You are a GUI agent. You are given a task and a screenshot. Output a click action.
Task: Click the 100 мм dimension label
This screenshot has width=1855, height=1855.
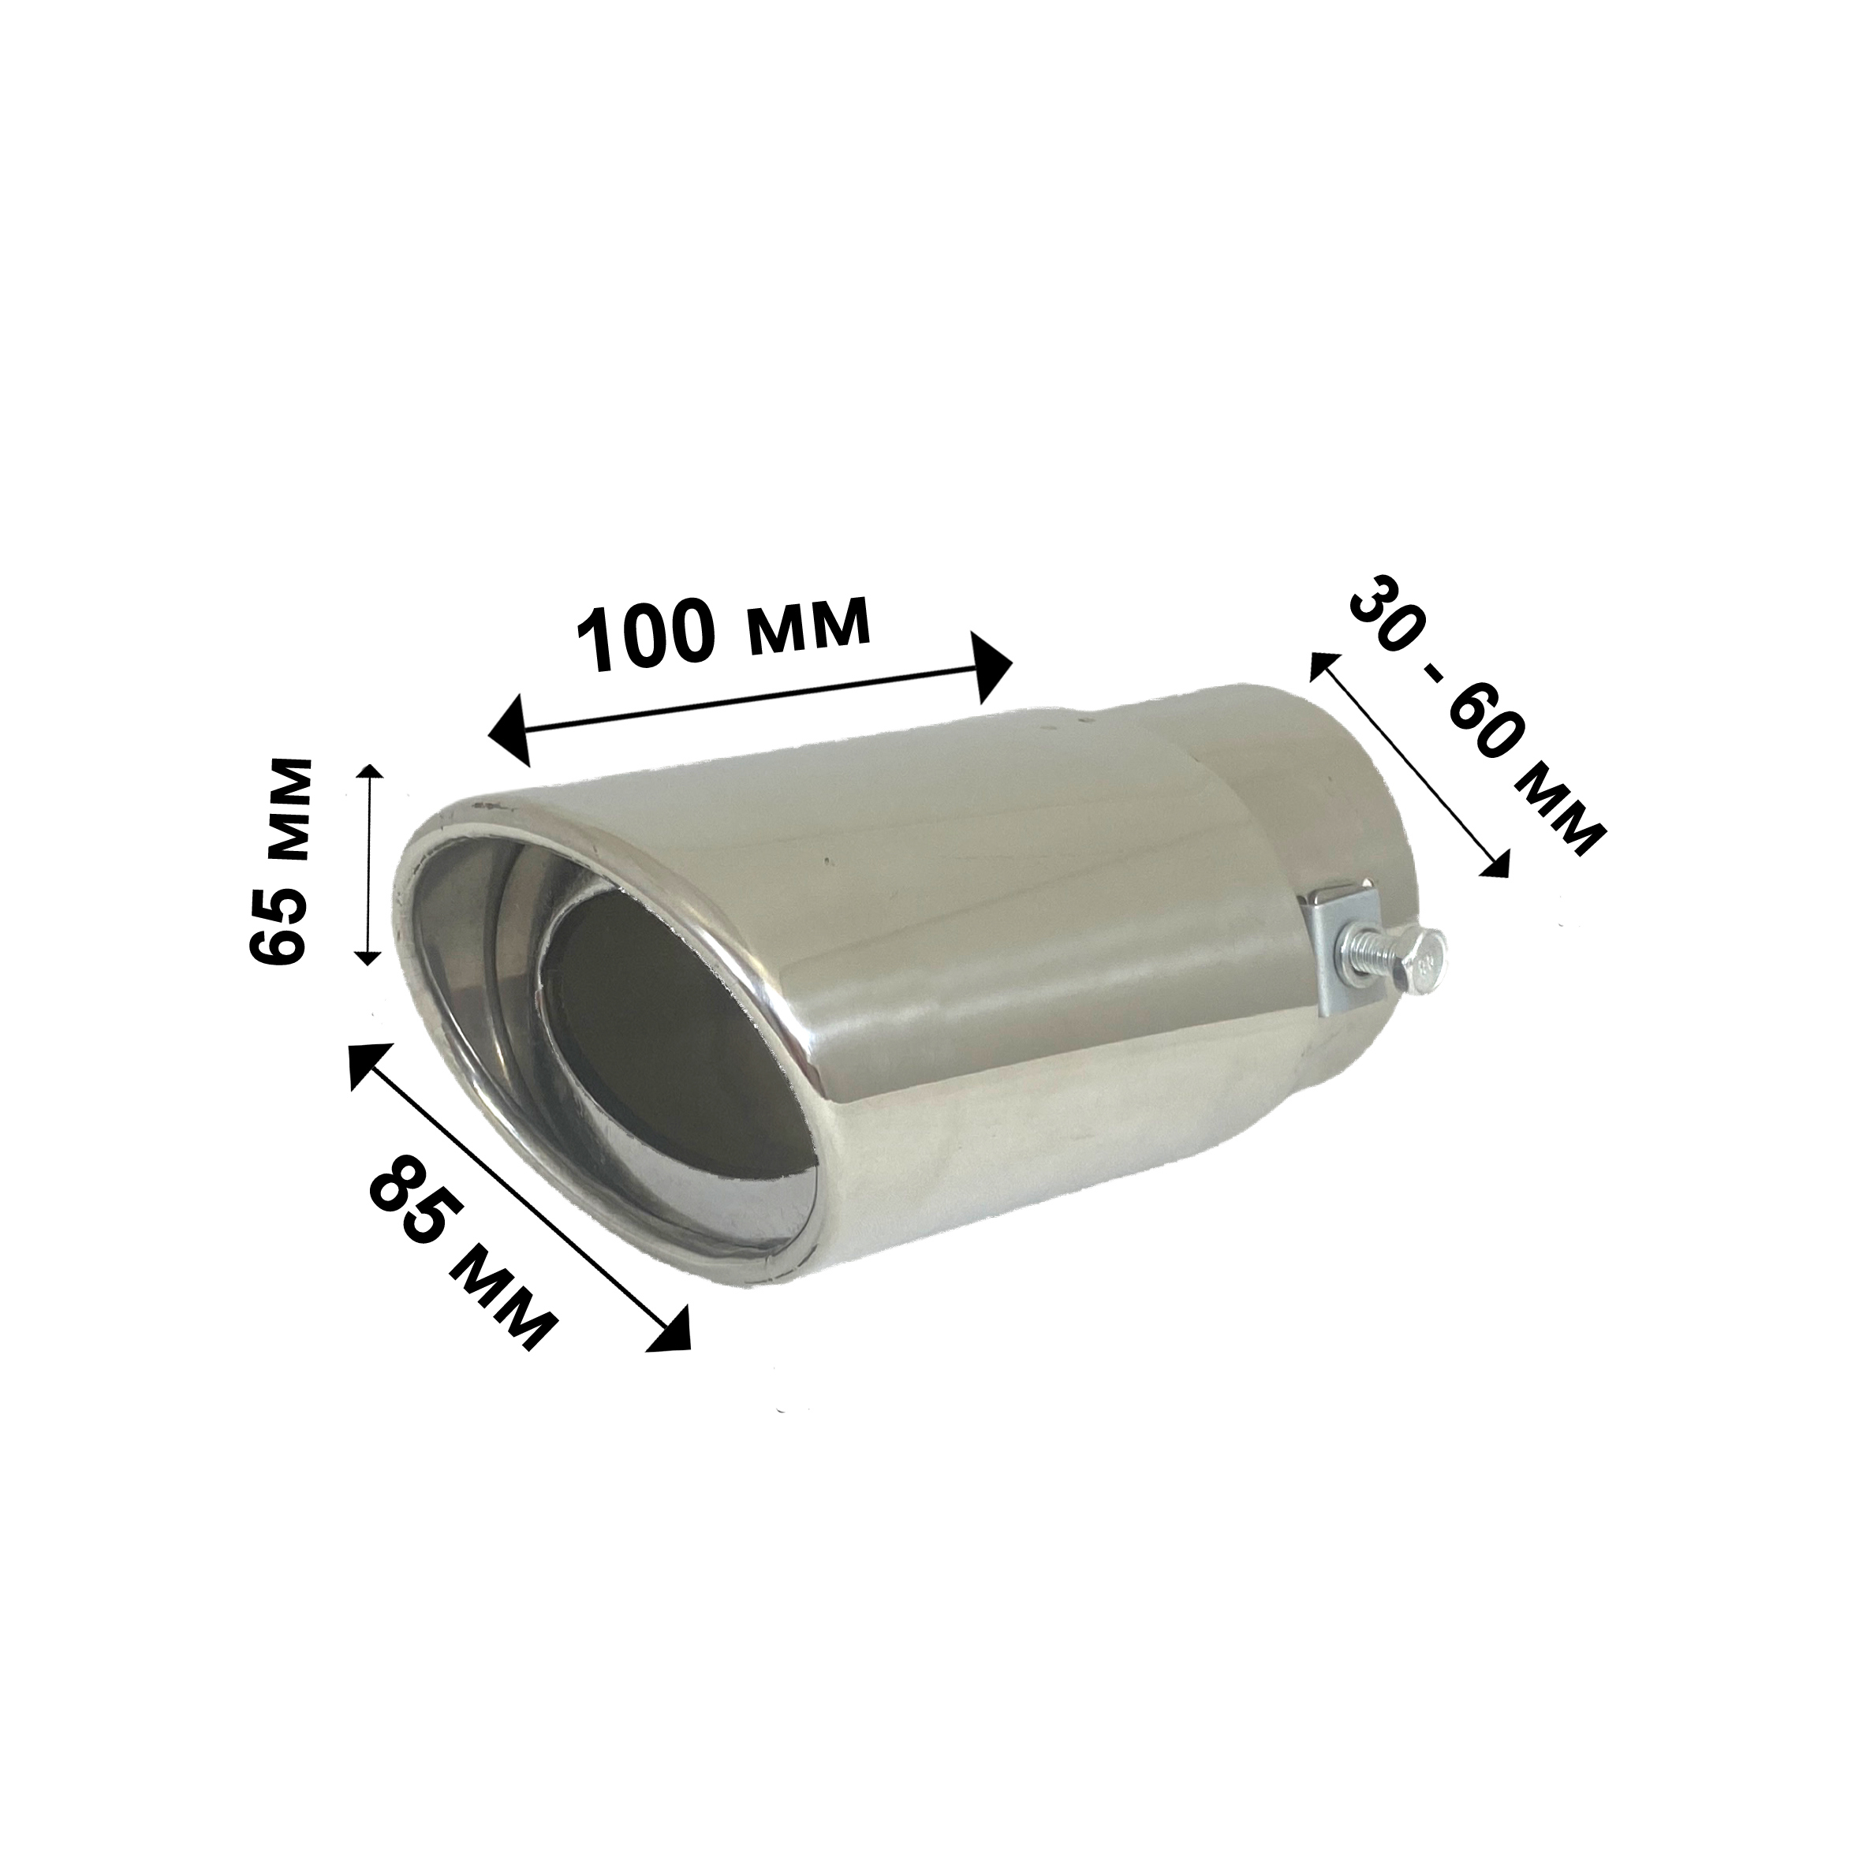(x=724, y=633)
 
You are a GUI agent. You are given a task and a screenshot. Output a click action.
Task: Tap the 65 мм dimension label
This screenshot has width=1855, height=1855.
(x=280, y=861)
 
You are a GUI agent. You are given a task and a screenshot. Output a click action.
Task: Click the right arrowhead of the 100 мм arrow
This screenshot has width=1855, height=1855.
(x=993, y=666)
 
